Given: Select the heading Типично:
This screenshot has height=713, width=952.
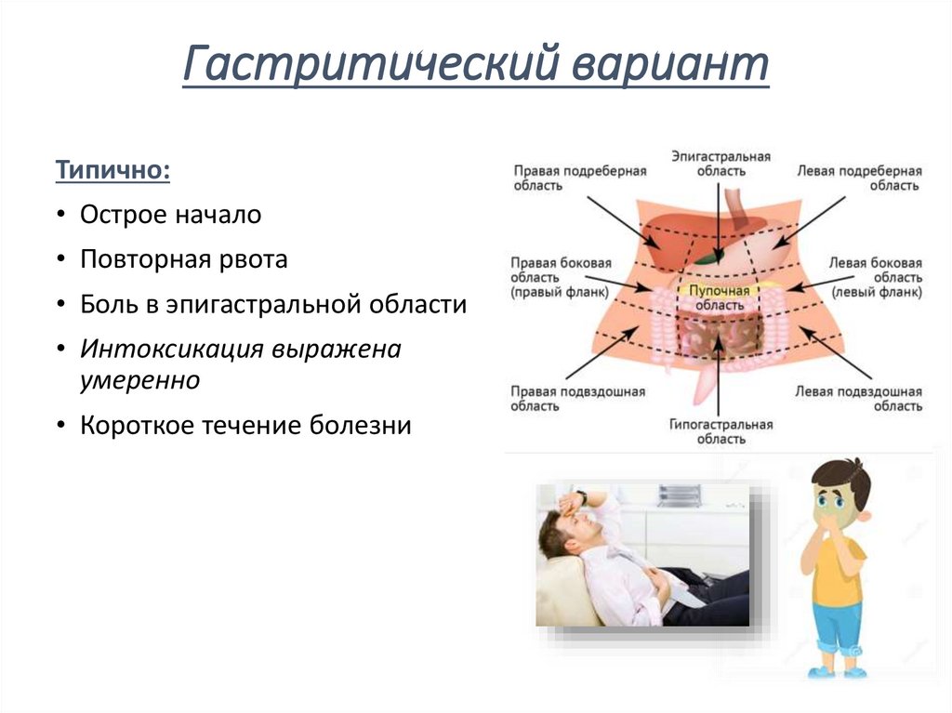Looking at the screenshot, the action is (x=112, y=171).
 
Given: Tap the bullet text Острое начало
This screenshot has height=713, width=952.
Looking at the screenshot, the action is (x=170, y=215).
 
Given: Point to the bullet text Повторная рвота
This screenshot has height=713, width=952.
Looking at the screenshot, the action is (x=183, y=259).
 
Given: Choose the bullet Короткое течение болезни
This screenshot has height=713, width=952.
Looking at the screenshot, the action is (x=245, y=426).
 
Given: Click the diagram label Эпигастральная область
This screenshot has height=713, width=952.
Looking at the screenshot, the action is (x=721, y=165).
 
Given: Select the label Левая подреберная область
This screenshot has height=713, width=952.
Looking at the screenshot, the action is (x=858, y=178).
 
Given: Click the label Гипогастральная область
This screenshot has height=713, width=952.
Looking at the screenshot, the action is (x=721, y=431).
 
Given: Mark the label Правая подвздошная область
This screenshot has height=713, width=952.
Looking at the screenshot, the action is (x=576, y=399).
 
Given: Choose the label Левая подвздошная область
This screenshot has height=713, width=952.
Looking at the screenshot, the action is (x=858, y=399).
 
